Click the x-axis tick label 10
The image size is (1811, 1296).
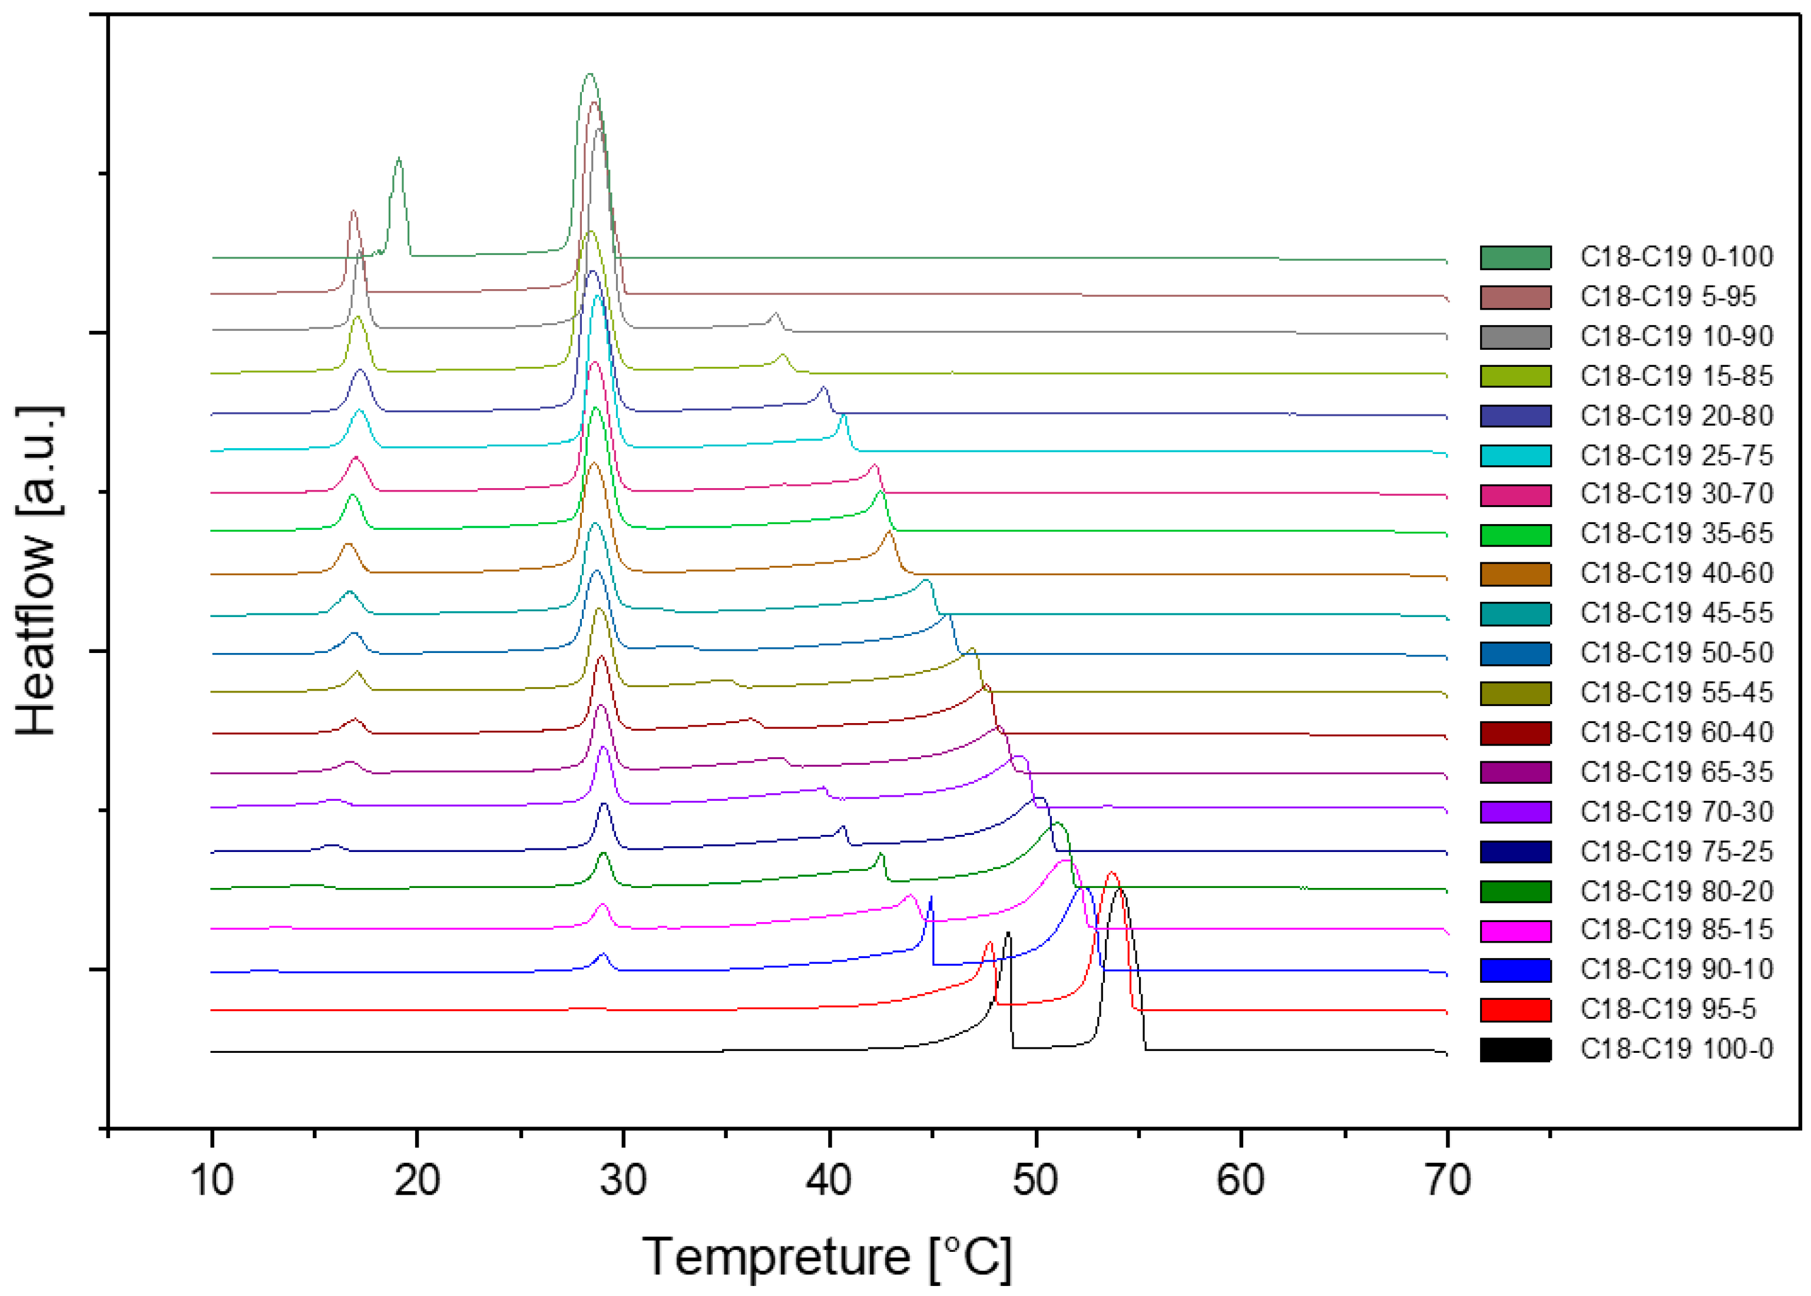212,1179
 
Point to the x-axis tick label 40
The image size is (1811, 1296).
829,1179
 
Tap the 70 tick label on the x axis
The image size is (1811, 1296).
1447,1179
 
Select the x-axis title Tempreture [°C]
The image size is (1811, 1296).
827,1257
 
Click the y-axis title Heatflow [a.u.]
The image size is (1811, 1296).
38,571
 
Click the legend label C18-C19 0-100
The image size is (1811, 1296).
1676,257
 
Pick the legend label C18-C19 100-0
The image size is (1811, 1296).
1676,1049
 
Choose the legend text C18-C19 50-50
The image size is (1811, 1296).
1676,653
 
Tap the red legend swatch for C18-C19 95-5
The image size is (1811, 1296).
1515,1009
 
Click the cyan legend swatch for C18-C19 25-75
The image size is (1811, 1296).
1515,456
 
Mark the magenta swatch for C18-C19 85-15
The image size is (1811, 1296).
1515,930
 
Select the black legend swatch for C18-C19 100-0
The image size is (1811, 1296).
1515,1049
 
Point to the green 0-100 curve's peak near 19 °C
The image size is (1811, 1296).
399,160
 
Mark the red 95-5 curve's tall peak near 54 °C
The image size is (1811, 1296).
1112,873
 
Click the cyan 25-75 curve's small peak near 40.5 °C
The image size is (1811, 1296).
843,416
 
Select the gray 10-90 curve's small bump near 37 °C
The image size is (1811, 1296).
775,314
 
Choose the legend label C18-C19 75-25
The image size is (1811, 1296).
1676,851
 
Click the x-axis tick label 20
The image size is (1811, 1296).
418,1179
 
